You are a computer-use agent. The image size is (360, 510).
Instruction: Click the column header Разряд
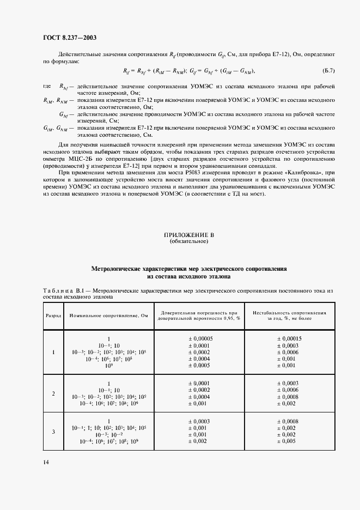click(53, 315)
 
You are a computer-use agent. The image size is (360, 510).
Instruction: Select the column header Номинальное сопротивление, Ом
click(109, 315)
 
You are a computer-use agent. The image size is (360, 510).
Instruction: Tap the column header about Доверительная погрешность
click(198, 315)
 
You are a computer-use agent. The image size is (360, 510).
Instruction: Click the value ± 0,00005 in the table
click(198, 338)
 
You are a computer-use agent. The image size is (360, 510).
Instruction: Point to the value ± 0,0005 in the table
click(198, 366)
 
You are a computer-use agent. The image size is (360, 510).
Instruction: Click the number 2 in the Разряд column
click(53, 393)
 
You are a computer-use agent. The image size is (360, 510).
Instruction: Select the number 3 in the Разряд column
click(53, 432)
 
